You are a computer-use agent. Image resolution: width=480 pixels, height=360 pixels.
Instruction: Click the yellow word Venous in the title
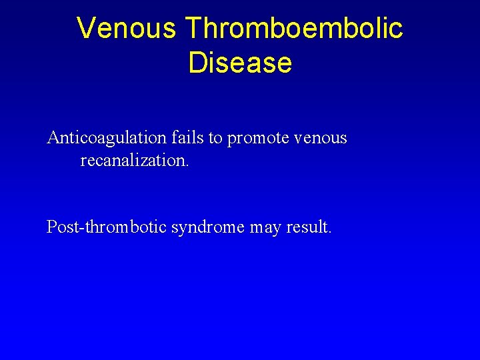pos(127,29)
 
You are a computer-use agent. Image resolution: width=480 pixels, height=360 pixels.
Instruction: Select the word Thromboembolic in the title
pos(294,29)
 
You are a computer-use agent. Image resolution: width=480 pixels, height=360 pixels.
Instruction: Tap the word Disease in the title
pos(240,63)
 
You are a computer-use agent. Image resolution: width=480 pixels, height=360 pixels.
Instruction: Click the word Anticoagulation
pos(106,138)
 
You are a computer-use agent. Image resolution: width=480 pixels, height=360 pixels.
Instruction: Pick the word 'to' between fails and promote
pos(215,139)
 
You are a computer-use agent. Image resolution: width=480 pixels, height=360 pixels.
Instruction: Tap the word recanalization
pos(133,161)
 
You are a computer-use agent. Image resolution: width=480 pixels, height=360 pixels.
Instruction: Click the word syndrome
pos(208,228)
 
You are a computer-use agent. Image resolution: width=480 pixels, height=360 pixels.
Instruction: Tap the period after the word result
pos(329,233)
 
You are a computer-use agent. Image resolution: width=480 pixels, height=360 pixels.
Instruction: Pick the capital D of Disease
pos(197,63)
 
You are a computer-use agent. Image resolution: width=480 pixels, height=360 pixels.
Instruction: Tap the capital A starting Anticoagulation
pos(53,138)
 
